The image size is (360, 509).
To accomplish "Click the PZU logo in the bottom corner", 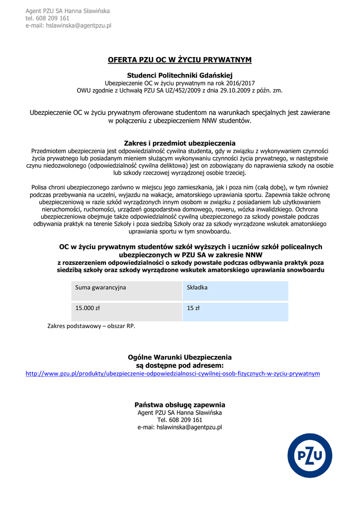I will coord(310,455).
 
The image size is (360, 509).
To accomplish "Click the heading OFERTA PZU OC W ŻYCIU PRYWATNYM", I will coord(180,60).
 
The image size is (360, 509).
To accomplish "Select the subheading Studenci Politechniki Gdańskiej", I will coord(180,75).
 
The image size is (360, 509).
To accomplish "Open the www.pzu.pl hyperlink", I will coord(173,373).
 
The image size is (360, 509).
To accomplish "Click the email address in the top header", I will coord(69,25).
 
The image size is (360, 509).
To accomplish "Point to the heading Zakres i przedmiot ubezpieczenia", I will coord(180,143).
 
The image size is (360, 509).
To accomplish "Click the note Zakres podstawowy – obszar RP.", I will coord(91,326).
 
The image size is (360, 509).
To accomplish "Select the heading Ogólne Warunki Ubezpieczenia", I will coord(180,357).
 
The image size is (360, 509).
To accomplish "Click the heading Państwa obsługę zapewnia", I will coord(180,405).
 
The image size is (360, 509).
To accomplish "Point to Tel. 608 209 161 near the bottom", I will coord(180,420).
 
